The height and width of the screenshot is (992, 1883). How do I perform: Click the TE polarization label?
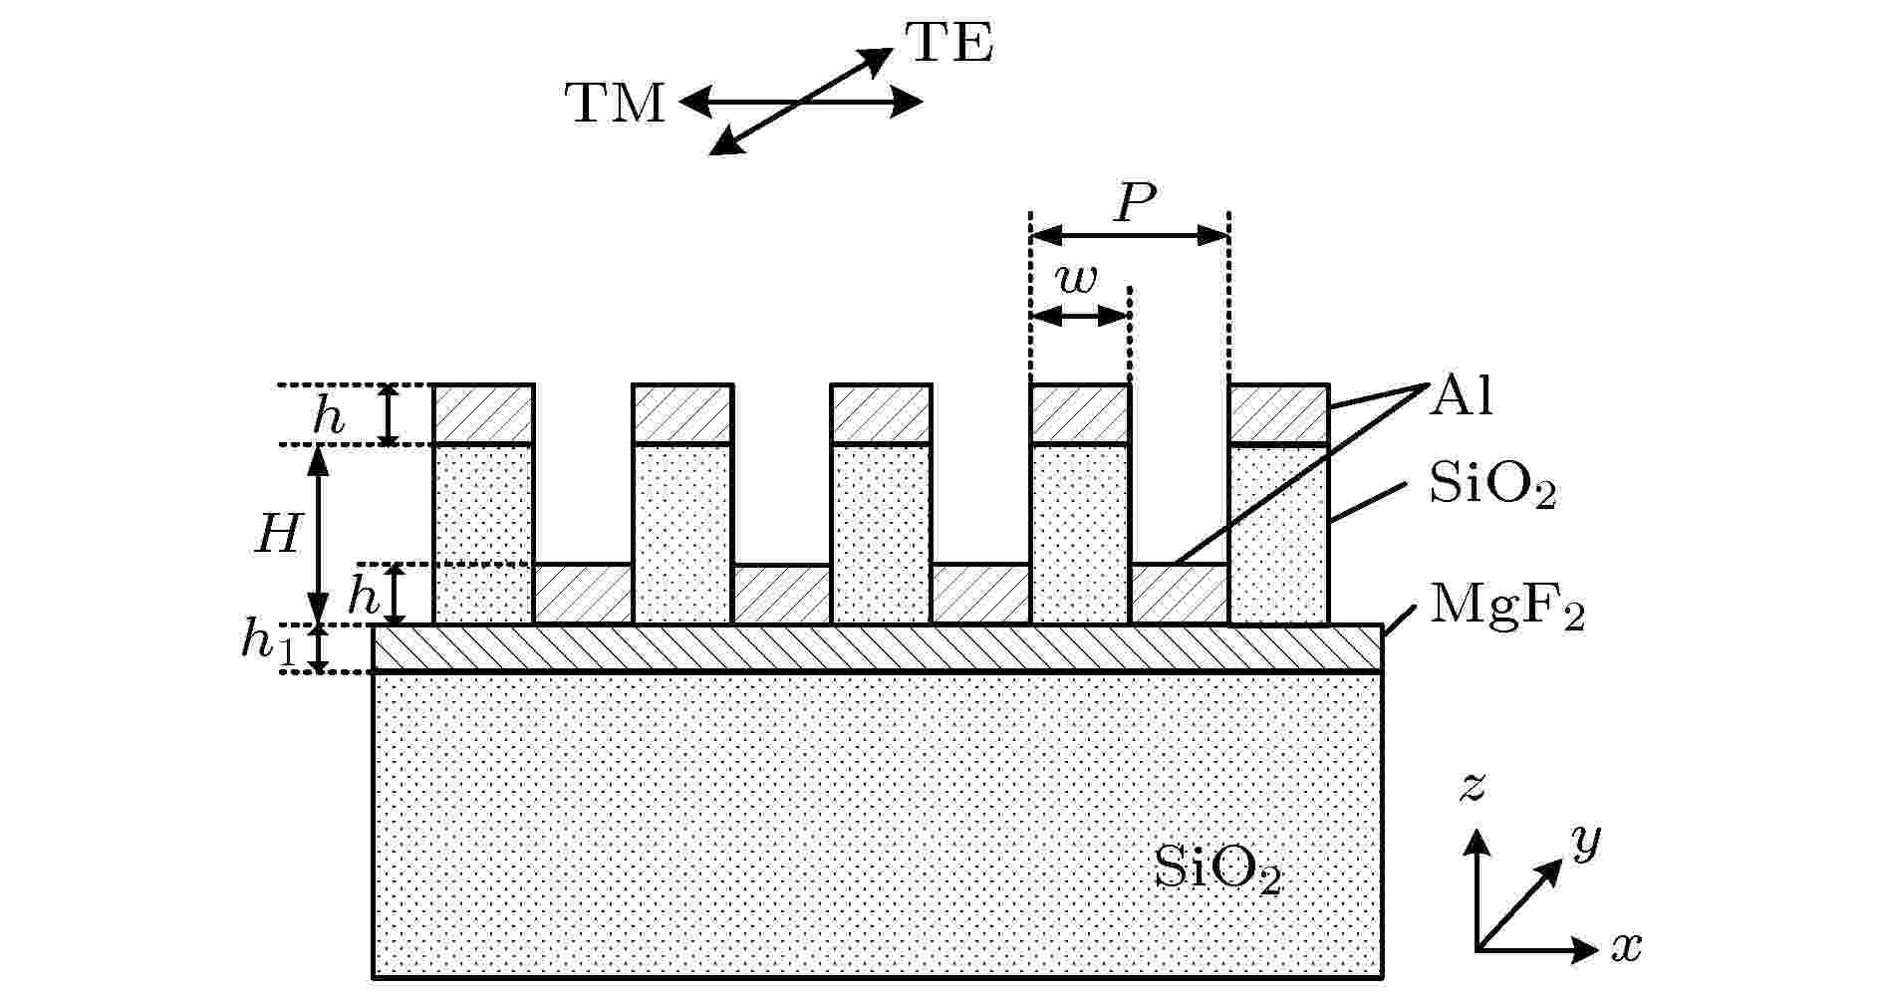pyautogui.click(x=948, y=44)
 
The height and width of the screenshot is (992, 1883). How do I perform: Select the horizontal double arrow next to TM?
pyautogui.click(x=801, y=102)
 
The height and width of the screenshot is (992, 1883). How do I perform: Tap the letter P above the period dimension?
pyautogui.click(x=1134, y=204)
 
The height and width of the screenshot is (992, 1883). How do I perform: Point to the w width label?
pyautogui.click(x=1077, y=281)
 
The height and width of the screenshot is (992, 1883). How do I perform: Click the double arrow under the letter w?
pyautogui.click(x=1080, y=317)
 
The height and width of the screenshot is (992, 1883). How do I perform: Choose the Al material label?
pyautogui.click(x=1461, y=396)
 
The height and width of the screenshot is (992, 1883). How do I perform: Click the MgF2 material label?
pyautogui.click(x=1506, y=606)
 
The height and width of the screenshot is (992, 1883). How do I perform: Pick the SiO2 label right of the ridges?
pyautogui.click(x=1492, y=488)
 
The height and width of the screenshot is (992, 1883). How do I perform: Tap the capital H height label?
pyautogui.click(x=277, y=535)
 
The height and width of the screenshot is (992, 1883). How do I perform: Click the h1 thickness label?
pyautogui.click(x=269, y=642)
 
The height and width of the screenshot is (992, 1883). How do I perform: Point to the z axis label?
pyautogui.click(x=1472, y=787)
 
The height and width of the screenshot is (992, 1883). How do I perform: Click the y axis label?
pyautogui.click(x=1586, y=842)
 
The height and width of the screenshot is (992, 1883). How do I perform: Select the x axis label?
pyautogui.click(x=1626, y=946)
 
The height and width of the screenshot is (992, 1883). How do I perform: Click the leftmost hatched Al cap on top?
pyautogui.click(x=484, y=414)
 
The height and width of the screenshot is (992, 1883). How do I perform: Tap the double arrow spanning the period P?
pyautogui.click(x=1131, y=236)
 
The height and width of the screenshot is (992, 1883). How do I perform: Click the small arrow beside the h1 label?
pyautogui.click(x=319, y=648)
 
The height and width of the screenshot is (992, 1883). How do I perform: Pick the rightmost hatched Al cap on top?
pyautogui.click(x=1279, y=414)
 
